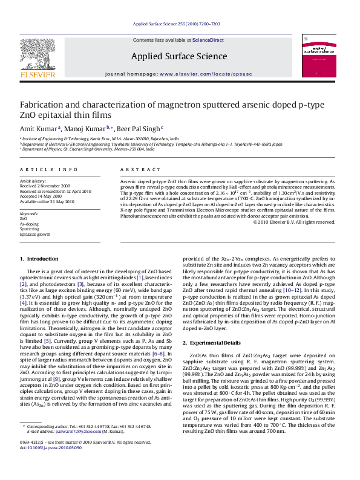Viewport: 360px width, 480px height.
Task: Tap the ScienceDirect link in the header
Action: tap(208, 40)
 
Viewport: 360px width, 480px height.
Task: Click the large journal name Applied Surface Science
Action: tap(179, 57)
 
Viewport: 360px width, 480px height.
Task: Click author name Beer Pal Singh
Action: tap(139, 129)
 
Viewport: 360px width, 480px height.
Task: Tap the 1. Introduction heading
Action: tap(39, 259)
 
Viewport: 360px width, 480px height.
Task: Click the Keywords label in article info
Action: tap(29, 214)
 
